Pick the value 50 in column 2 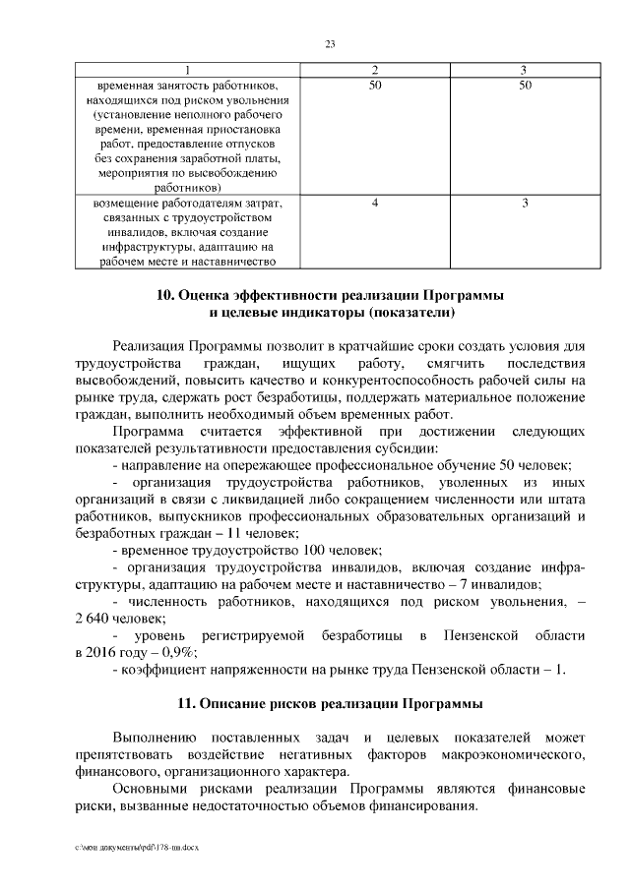(x=375, y=86)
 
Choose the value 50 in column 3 (x=525, y=86)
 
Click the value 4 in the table (x=375, y=203)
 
